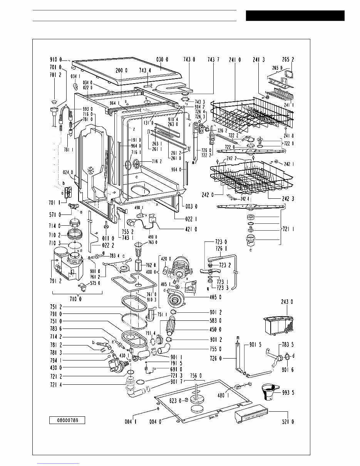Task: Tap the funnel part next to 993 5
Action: (269, 393)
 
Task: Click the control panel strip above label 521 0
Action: (252, 417)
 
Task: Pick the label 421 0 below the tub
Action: (191, 229)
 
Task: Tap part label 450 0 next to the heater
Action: (214, 329)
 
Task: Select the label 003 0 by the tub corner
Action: (191, 207)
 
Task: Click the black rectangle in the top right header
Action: (295, 16)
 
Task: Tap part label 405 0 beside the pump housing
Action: (215, 297)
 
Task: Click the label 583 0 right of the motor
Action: (214, 320)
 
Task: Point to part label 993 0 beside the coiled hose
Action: (88, 109)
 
